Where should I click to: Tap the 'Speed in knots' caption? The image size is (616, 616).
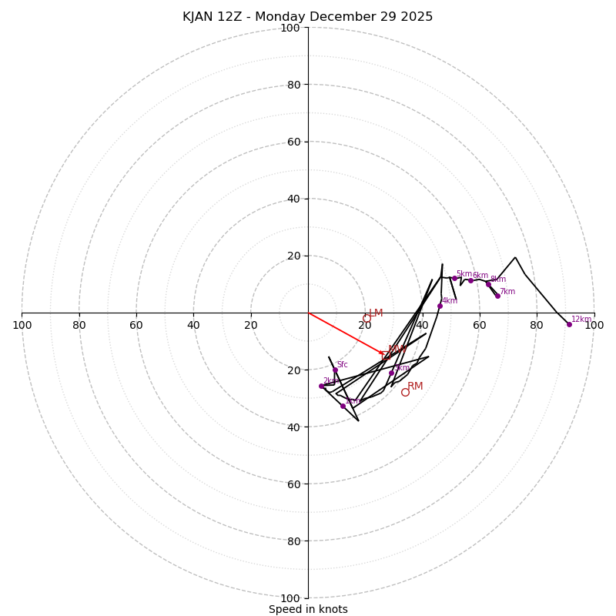tap(308, 609)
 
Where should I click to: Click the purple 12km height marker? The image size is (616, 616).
tap(569, 324)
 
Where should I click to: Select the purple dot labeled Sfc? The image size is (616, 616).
tap(335, 370)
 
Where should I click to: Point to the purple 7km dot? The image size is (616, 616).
tap(497, 296)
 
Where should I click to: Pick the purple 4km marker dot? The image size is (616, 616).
tap(440, 306)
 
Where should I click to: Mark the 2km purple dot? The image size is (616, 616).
tap(321, 386)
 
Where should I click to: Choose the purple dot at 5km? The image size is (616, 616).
tap(454, 278)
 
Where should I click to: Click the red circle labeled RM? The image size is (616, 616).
tap(405, 392)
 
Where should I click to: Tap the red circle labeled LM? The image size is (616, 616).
tap(367, 318)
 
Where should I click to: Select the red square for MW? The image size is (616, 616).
tap(386, 356)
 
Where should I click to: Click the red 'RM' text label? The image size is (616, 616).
tap(415, 386)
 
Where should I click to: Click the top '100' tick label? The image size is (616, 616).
tap(290, 28)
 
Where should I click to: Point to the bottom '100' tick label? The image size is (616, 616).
tap(290, 598)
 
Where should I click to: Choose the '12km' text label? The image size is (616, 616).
tap(581, 319)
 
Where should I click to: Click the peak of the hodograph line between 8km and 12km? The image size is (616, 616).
tap(515, 257)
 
